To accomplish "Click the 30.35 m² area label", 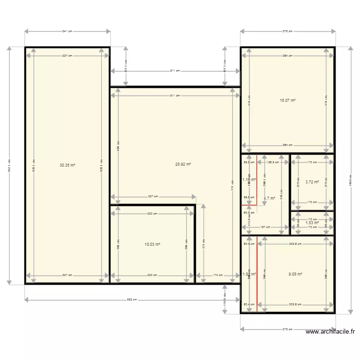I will coord(67,165).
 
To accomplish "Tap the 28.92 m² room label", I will coord(183,164).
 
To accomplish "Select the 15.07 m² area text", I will coord(288,101).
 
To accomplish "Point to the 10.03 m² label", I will coord(152,244).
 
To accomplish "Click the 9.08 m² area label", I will coord(295,275).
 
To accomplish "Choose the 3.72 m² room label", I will coord(312,182).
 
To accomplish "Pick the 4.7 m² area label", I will coord(270,198).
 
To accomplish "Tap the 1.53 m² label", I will coord(312,223).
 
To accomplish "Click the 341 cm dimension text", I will coord(67,32).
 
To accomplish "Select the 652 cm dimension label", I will coord(132,300).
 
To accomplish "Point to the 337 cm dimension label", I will coord(153,196).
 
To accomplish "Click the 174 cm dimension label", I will coord(217,276).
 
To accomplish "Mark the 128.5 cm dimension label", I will coord(273,162).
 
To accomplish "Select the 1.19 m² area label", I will coord(249,180).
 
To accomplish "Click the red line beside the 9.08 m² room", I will coord(257,274).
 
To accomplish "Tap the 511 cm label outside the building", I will coord(175,71).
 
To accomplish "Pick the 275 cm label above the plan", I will coord(288,32).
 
